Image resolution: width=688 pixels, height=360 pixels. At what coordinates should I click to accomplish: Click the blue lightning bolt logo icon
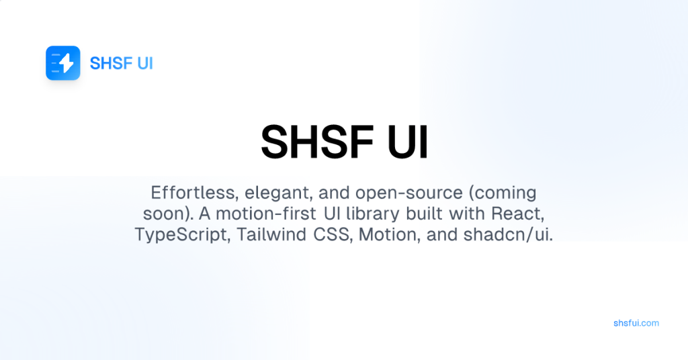tap(63, 63)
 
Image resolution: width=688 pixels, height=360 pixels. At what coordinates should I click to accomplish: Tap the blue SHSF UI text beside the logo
tap(122, 64)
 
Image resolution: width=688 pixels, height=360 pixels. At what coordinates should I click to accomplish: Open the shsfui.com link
tap(636, 323)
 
